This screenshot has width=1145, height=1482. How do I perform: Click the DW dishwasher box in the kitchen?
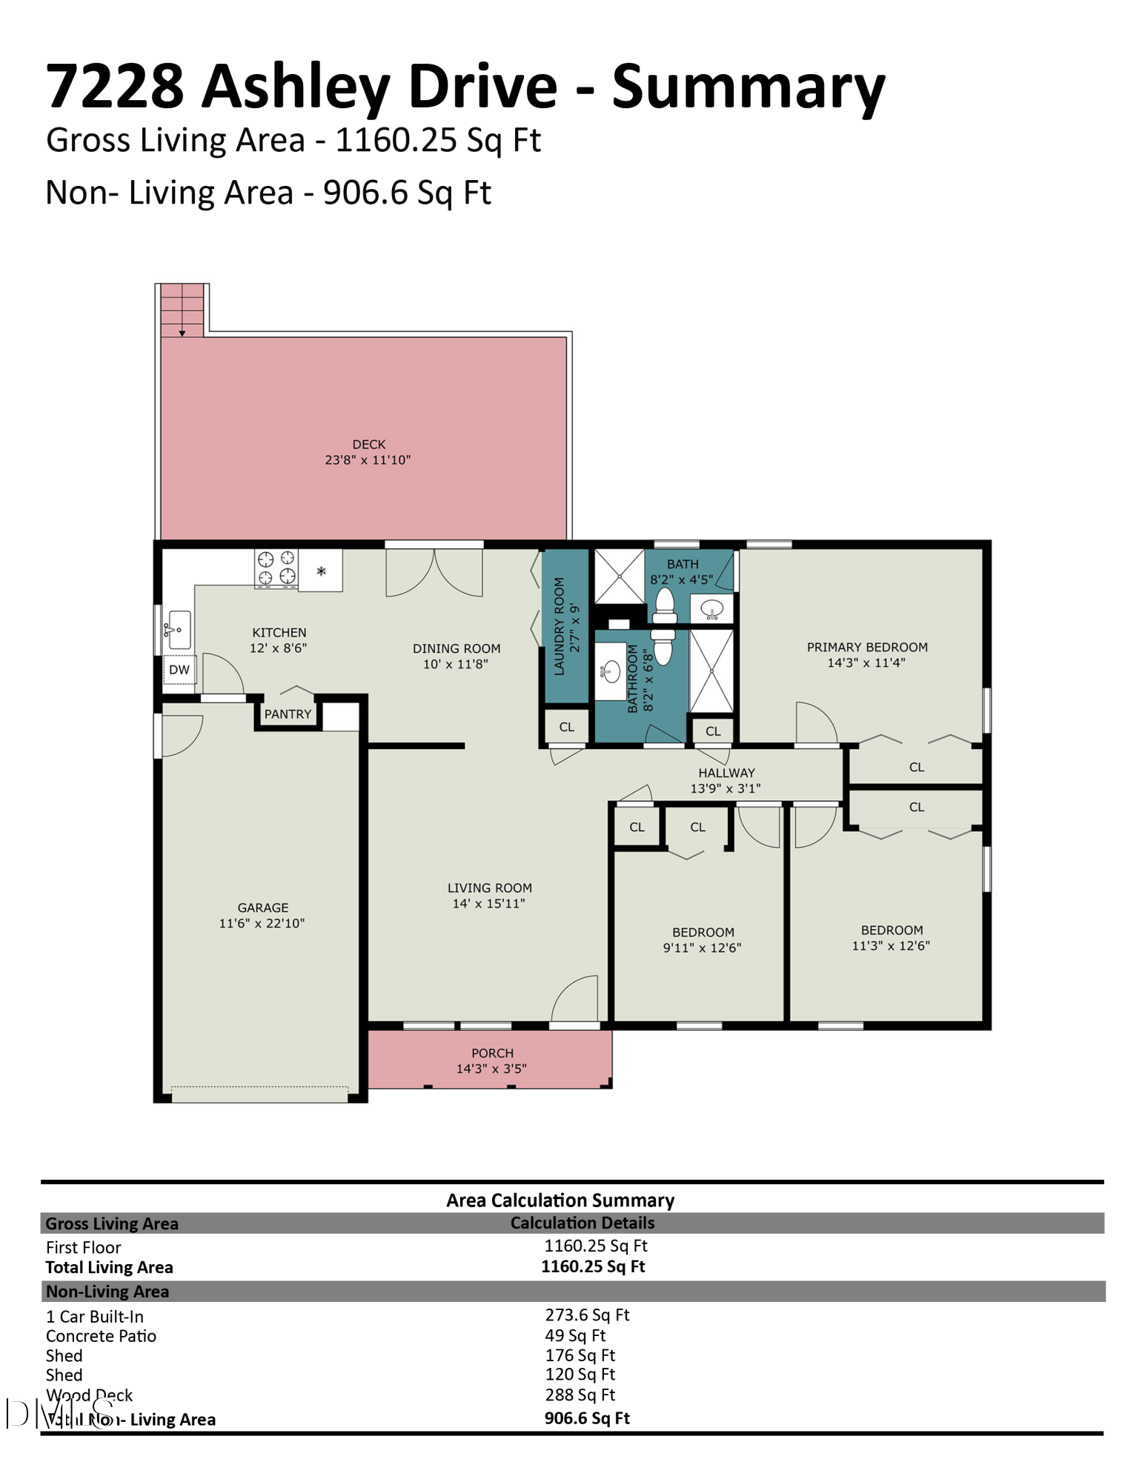click(179, 669)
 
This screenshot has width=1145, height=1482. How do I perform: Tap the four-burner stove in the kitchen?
click(276, 568)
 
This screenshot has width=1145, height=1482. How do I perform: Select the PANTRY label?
click(288, 714)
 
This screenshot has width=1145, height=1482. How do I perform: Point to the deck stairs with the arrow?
click(182, 310)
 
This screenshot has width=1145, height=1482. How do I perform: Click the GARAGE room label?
click(263, 908)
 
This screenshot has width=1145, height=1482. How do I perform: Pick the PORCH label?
click(492, 1053)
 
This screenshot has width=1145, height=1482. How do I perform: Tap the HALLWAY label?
click(726, 773)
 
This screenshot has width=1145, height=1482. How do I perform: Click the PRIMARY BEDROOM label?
click(867, 647)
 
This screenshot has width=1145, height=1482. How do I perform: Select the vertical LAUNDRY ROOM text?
click(560, 626)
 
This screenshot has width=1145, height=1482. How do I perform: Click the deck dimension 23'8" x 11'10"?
click(368, 460)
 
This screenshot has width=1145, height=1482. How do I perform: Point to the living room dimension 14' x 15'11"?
click(489, 903)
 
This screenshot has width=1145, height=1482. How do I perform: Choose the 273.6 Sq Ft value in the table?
click(587, 1315)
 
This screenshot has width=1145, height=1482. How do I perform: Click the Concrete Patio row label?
click(101, 1336)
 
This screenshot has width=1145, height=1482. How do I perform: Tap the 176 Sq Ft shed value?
click(580, 1355)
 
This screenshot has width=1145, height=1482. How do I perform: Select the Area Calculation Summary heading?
click(560, 1200)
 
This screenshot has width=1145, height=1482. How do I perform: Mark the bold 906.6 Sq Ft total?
click(587, 1418)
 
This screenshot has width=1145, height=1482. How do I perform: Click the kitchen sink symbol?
click(179, 630)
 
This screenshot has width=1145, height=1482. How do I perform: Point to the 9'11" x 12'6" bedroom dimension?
click(702, 948)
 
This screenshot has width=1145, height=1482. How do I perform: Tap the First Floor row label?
click(83, 1248)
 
